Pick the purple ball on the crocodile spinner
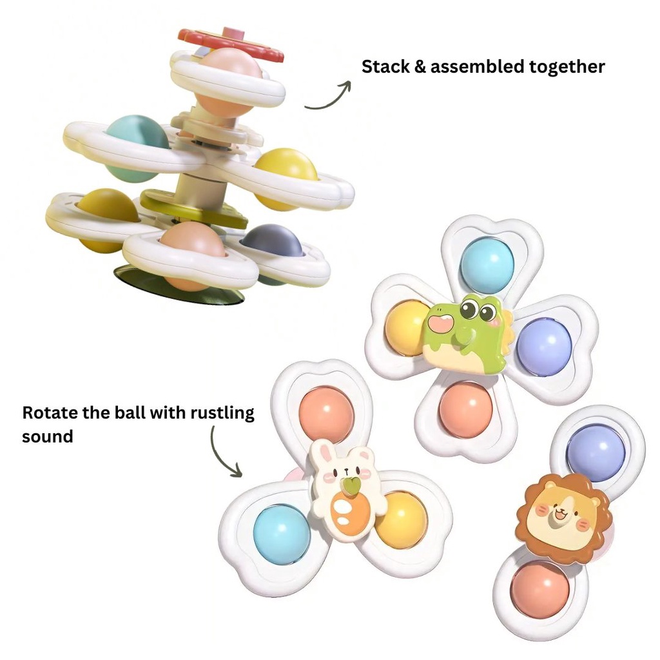[x=544, y=347]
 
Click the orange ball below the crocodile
[x=465, y=409]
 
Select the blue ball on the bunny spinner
[x=282, y=534]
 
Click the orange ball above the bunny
[x=326, y=414]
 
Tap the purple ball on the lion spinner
[x=596, y=452]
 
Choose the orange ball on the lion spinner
[x=540, y=588]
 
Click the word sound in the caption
[x=47, y=436]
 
